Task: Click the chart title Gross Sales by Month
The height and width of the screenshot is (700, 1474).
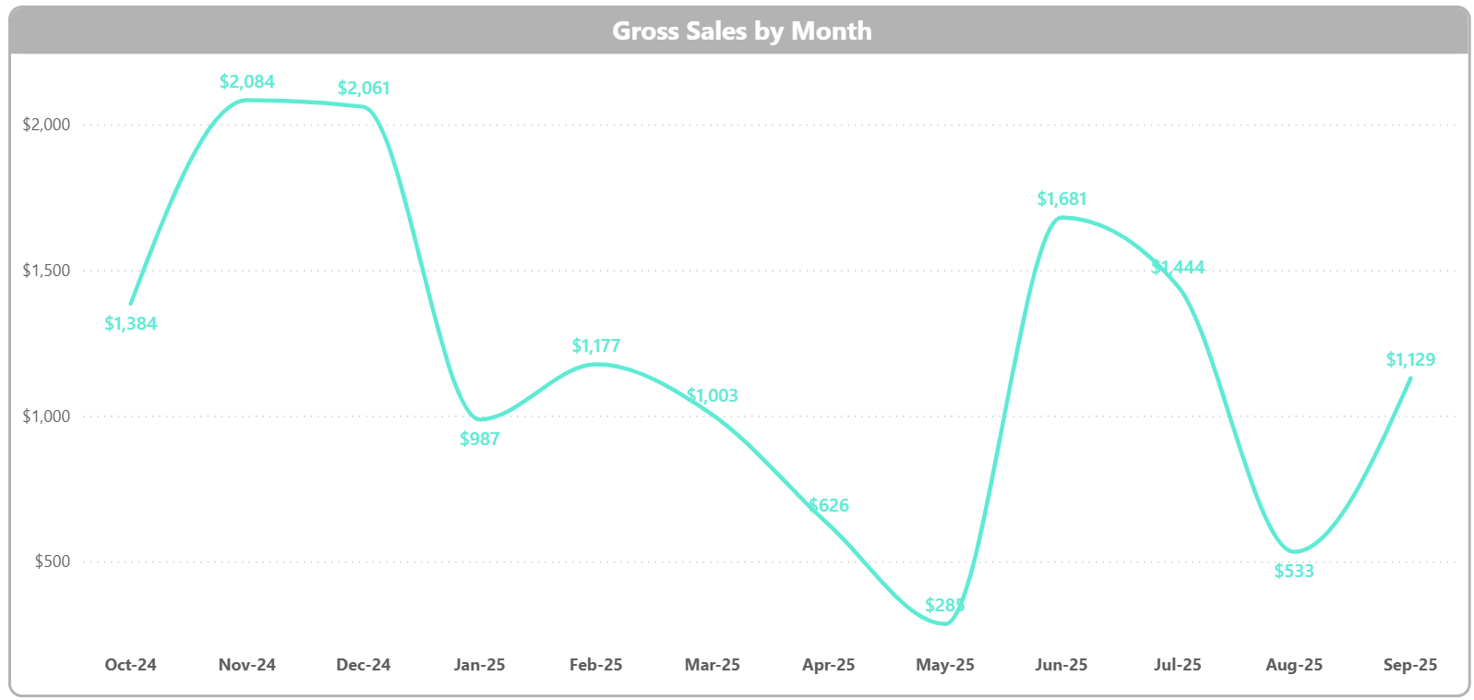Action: [x=741, y=30]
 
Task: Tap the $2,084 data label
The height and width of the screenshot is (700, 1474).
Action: [x=246, y=81]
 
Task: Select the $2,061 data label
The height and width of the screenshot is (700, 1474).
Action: [x=364, y=88]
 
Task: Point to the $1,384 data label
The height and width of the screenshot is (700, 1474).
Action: [x=130, y=323]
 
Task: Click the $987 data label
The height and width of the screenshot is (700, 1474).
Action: [x=479, y=439]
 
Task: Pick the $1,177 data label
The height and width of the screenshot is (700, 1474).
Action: [x=595, y=345]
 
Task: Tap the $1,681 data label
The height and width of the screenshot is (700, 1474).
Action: [x=1061, y=199]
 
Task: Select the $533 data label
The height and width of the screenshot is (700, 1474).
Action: [x=1293, y=571]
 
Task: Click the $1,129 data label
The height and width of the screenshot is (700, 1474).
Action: [x=1409, y=359]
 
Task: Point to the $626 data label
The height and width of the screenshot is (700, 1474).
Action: [x=829, y=505]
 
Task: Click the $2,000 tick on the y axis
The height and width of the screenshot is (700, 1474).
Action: [x=46, y=125]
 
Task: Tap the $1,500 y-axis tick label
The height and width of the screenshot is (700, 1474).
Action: [x=46, y=271]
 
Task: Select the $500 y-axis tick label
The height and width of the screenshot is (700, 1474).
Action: [x=52, y=561]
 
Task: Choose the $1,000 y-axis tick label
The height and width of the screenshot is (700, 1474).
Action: [x=46, y=416]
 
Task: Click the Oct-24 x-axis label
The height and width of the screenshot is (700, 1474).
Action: [x=130, y=665]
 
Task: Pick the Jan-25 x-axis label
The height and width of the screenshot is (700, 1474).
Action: [x=479, y=665]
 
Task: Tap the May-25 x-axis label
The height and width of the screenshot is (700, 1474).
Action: [x=944, y=665]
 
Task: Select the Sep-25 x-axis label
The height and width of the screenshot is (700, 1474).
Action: [x=1409, y=665]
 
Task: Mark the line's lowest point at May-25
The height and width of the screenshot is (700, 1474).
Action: [x=944, y=623]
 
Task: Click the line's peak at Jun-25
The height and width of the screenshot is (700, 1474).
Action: [x=1061, y=217]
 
